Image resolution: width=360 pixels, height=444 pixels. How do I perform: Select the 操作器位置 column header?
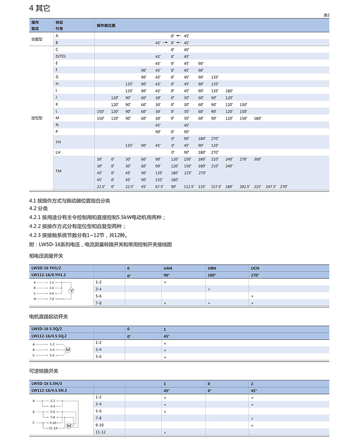106,25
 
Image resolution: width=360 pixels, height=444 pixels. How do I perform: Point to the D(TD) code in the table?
61,56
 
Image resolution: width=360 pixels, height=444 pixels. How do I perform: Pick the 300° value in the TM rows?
257,159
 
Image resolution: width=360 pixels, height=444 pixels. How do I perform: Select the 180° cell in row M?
257,118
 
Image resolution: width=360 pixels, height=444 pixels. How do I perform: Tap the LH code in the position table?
58,152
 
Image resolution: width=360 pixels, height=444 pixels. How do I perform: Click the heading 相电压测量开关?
46,256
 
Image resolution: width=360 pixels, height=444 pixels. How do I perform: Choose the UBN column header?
212,268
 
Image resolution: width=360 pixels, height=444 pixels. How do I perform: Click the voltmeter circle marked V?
71,291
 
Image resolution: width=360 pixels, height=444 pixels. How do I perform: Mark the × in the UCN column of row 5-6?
252,296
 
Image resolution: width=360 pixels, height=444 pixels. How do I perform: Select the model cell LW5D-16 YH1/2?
45,268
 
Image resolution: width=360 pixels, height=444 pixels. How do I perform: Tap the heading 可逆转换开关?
44,372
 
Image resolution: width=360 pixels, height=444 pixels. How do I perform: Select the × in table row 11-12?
165,433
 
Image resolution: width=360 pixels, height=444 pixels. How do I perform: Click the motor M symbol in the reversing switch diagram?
69,426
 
